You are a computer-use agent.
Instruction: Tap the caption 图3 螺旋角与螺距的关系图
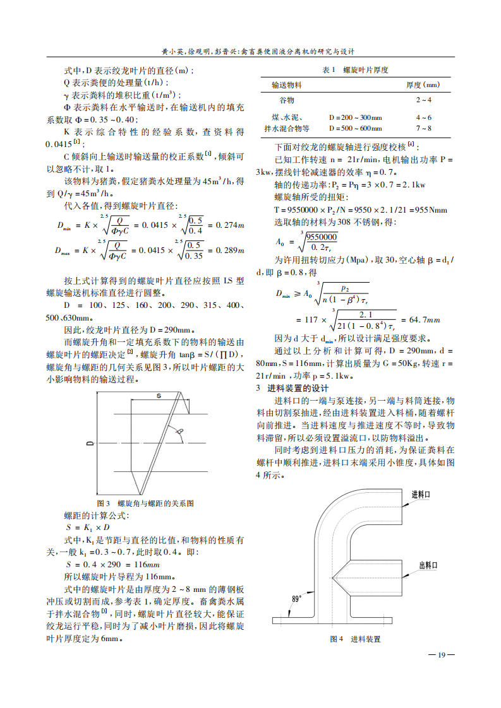point(145,504)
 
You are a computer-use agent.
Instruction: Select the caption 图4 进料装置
point(356,639)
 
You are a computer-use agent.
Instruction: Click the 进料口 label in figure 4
point(421,494)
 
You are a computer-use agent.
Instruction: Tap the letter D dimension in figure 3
point(90,444)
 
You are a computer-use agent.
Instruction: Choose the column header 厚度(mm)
point(423,85)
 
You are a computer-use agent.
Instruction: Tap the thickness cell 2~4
point(423,100)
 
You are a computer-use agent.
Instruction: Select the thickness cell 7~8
point(423,128)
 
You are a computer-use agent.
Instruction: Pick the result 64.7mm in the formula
point(421,321)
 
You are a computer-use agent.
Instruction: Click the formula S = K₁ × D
point(88,527)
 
